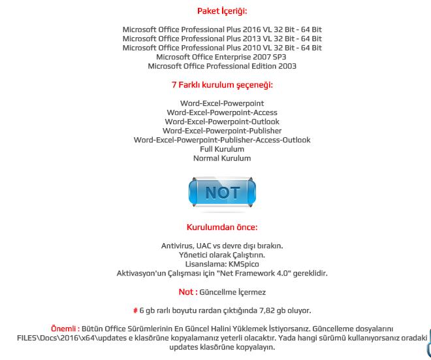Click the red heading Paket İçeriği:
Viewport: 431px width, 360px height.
(x=222, y=11)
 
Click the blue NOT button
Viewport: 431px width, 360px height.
(x=222, y=193)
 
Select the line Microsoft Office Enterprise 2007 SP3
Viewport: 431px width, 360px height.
(x=222, y=57)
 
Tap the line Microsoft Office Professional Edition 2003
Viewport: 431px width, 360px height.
(x=222, y=66)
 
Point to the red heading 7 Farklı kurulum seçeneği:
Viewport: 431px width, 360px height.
(x=222, y=85)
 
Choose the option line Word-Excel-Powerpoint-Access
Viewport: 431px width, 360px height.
(x=222, y=112)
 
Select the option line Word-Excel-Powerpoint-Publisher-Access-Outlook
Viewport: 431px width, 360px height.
(x=222, y=140)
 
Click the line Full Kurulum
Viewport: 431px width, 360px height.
(x=222, y=149)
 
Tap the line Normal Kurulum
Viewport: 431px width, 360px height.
(x=222, y=158)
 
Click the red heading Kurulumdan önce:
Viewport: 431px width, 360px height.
(x=222, y=227)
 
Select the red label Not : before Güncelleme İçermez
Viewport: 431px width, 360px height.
(x=188, y=292)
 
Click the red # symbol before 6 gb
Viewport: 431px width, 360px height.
(x=135, y=310)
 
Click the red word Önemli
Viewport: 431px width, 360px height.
(x=64, y=329)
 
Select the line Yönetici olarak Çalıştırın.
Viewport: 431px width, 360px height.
(x=222, y=255)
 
